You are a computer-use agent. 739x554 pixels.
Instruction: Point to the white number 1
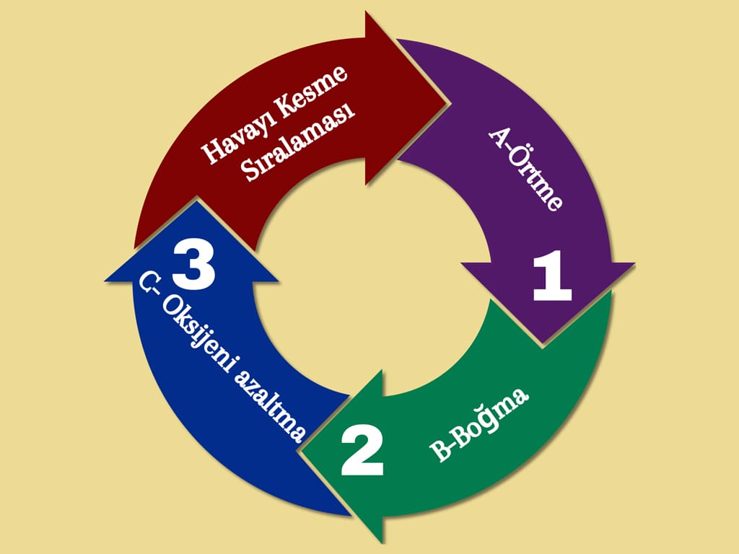point(552,276)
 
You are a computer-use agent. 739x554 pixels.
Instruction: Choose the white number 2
point(362,449)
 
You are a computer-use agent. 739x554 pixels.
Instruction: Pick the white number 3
point(193,265)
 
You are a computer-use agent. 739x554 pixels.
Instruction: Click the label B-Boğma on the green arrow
point(479,424)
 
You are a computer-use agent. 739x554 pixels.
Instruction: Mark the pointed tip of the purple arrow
point(543,343)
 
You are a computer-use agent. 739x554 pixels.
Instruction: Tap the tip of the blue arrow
point(196,201)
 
